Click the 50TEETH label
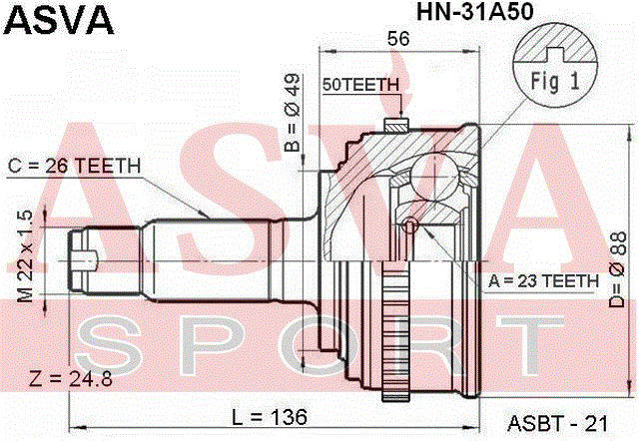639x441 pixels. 360,86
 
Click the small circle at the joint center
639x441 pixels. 408,224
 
